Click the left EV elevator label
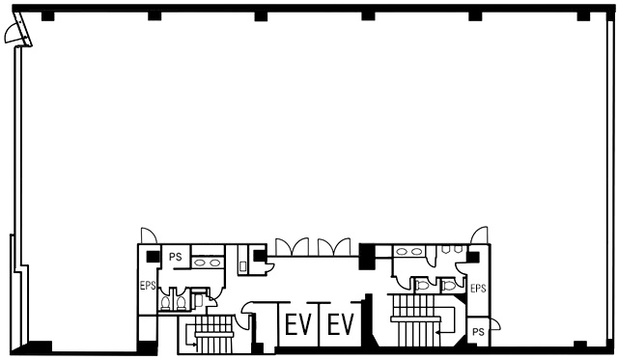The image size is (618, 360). pyautogui.click(x=298, y=323)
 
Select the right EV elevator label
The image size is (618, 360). pyautogui.click(x=341, y=323)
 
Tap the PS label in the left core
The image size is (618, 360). pyautogui.click(x=176, y=257)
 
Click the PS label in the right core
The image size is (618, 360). pyautogui.click(x=478, y=332)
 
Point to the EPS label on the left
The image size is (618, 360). pyautogui.click(x=148, y=286)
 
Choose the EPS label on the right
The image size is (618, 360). pyautogui.click(x=478, y=289)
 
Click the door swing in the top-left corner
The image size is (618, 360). pyautogui.click(x=11, y=35)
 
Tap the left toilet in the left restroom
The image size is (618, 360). pyautogui.click(x=165, y=303)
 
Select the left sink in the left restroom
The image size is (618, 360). pyautogui.click(x=200, y=263)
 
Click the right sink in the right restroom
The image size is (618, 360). pyautogui.click(x=416, y=252)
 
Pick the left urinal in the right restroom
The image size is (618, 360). pyautogui.click(x=446, y=249)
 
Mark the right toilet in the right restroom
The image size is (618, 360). pyautogui.click(x=448, y=285)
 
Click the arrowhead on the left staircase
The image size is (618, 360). pyautogui.click(x=194, y=345)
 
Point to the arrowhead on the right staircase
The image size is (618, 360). pyautogui.click(x=437, y=333)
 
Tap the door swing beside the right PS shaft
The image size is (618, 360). pyautogui.click(x=495, y=324)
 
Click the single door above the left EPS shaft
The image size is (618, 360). pyautogui.click(x=149, y=235)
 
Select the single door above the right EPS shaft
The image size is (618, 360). pyautogui.click(x=479, y=235)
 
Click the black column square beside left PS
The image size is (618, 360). pyautogui.click(x=153, y=257)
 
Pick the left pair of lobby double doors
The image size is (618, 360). pyautogui.click(x=292, y=247)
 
